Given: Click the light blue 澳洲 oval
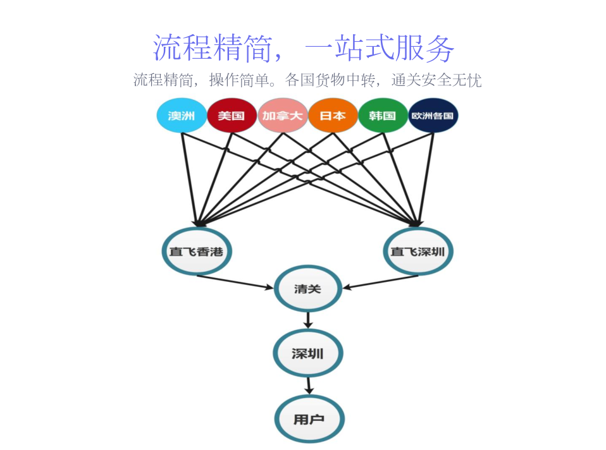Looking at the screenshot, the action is click(182, 116).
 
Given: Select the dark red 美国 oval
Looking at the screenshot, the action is click(232, 116).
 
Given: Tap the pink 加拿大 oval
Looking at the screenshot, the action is click(283, 116).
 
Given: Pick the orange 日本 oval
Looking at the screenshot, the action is click(333, 116).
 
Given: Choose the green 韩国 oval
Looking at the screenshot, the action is click(383, 116).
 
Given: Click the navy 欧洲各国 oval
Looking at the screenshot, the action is click(433, 116).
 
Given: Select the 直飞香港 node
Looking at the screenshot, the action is click(197, 252).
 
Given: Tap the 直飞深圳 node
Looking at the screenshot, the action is click(417, 252).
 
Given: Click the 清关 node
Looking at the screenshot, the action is click(308, 289).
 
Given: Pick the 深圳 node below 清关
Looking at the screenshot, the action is click(308, 353).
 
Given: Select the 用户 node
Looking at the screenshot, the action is click(309, 418).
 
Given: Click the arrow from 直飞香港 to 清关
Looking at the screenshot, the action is click(235, 282).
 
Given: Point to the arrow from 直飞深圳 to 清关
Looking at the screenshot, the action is click(381, 282).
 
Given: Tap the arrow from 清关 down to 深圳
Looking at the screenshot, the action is click(308, 320).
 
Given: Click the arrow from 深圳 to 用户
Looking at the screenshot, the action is click(309, 386).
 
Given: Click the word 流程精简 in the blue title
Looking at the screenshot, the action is click(213, 48).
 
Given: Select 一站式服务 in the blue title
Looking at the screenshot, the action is click(380, 48).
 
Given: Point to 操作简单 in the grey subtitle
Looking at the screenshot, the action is click(239, 80).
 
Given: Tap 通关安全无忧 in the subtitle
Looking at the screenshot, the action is click(436, 80).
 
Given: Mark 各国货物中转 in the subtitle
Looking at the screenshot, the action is click(330, 80).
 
